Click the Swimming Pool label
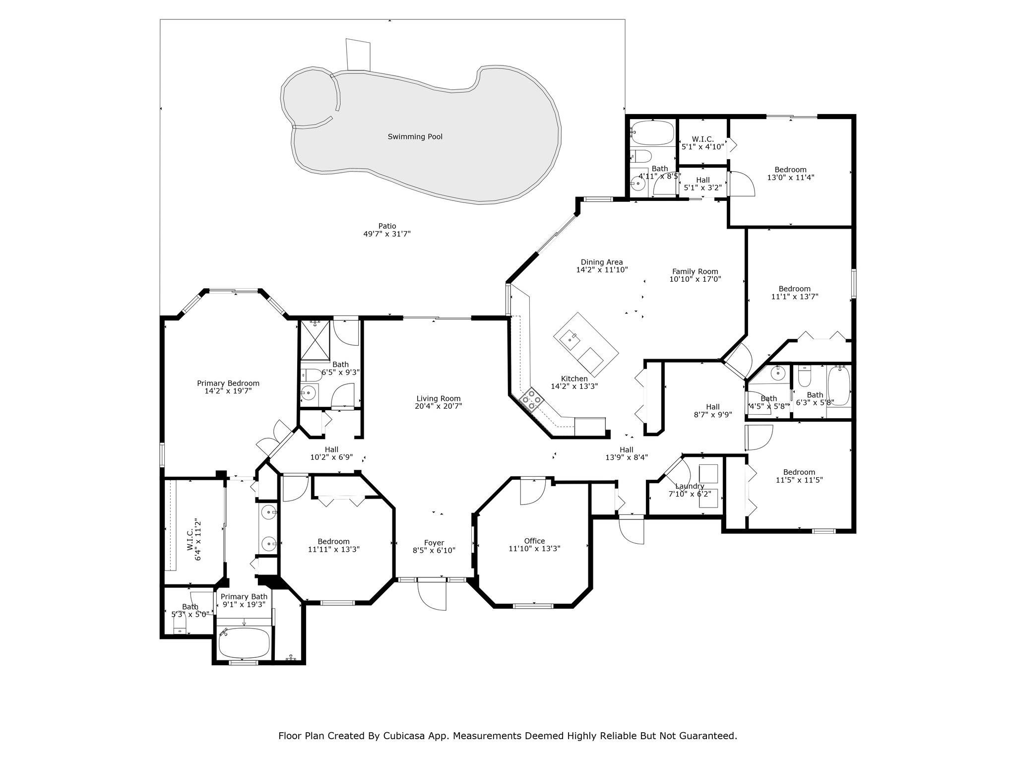point(415,136)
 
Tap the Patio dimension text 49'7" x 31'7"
point(387,234)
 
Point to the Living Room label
point(438,398)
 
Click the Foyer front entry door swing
point(432,594)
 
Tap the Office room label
point(534,541)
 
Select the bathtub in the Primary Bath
point(244,642)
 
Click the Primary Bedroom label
point(228,383)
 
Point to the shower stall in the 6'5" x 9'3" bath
point(315,339)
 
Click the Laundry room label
point(690,486)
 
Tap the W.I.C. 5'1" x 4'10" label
point(702,143)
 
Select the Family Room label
point(695,271)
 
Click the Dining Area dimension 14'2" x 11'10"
point(602,270)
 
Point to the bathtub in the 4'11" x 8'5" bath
point(652,132)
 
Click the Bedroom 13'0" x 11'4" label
point(790,173)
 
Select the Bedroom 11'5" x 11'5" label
point(799,476)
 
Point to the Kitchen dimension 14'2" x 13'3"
point(574,386)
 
